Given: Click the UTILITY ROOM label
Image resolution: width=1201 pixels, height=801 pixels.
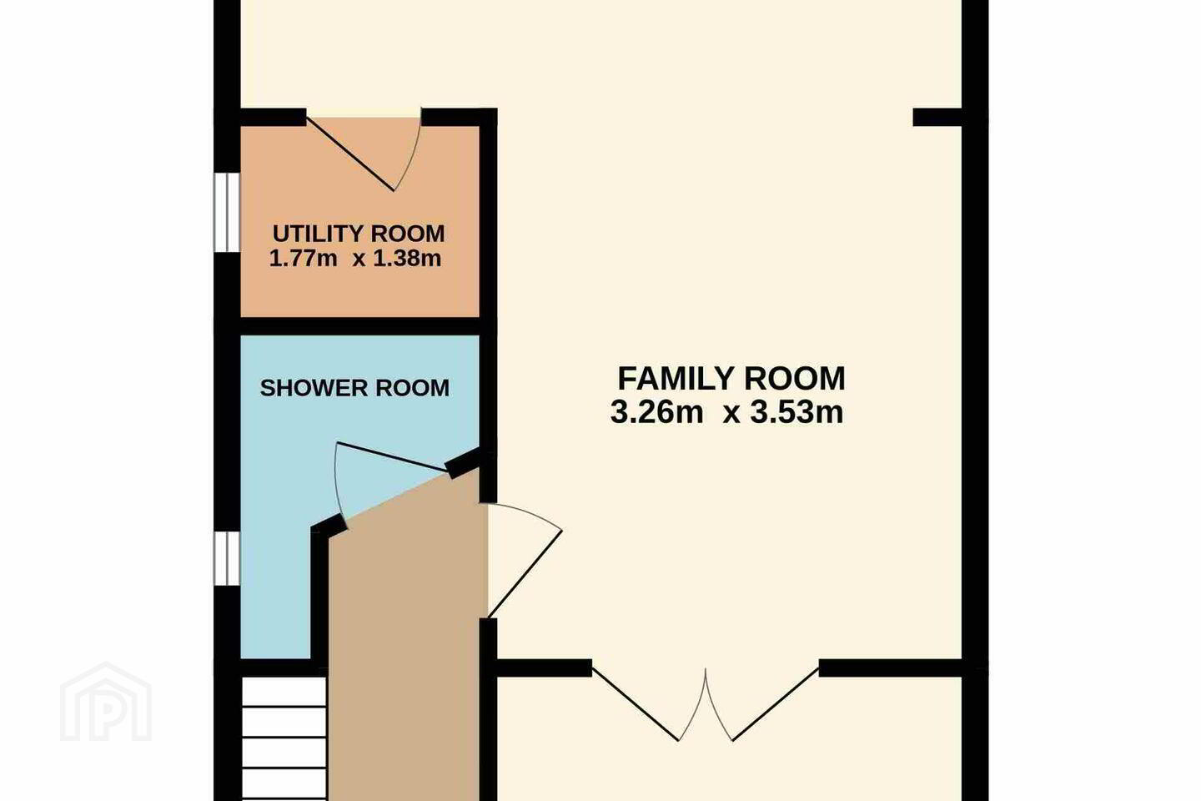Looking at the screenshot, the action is click(x=359, y=234).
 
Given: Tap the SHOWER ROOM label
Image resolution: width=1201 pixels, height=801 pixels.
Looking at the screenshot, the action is click(x=354, y=388).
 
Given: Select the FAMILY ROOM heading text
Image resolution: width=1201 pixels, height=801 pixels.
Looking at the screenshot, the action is click(x=731, y=378).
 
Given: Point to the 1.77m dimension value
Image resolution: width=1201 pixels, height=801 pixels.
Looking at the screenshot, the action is click(x=303, y=259).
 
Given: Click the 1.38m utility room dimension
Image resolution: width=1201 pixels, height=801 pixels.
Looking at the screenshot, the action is click(x=407, y=259).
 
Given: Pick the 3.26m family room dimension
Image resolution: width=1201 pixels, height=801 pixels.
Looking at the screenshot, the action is click(x=656, y=413).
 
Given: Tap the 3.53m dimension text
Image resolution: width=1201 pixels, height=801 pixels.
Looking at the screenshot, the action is click(x=796, y=413).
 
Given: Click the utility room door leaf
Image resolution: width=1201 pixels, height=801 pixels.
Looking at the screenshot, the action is click(x=350, y=154).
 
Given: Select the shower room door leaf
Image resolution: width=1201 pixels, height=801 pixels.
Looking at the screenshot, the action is click(x=391, y=457).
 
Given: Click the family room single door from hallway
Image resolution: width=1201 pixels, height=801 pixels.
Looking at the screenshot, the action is click(x=525, y=573).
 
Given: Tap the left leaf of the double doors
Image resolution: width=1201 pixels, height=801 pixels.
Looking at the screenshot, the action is click(x=636, y=704).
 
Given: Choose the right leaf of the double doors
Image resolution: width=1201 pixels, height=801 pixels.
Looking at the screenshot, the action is click(x=776, y=704).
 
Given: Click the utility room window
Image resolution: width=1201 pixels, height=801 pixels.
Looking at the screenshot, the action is click(x=227, y=212).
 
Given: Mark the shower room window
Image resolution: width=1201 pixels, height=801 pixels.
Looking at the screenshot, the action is click(x=227, y=558).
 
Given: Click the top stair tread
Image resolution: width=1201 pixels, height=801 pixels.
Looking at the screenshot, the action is click(x=284, y=692).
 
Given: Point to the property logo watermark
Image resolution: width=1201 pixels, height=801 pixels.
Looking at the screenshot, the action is click(x=106, y=702).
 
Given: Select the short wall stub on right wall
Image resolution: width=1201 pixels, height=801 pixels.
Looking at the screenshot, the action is click(x=937, y=117).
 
